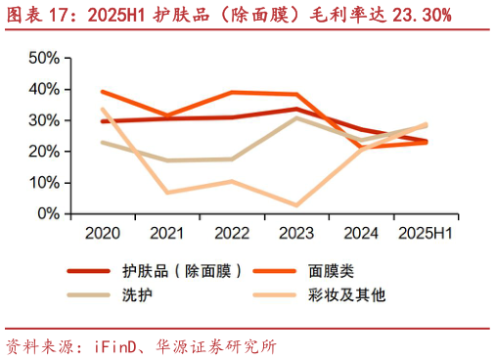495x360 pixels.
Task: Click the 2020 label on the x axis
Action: (x=103, y=233)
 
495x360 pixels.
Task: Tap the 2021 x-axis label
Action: (x=167, y=233)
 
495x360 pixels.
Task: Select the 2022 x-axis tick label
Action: (x=232, y=233)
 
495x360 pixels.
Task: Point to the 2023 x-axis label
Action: (x=296, y=233)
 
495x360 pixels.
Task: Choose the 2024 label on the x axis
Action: (x=361, y=233)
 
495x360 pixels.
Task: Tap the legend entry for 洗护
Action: (x=134, y=293)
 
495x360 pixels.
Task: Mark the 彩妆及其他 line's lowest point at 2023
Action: (x=296, y=205)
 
